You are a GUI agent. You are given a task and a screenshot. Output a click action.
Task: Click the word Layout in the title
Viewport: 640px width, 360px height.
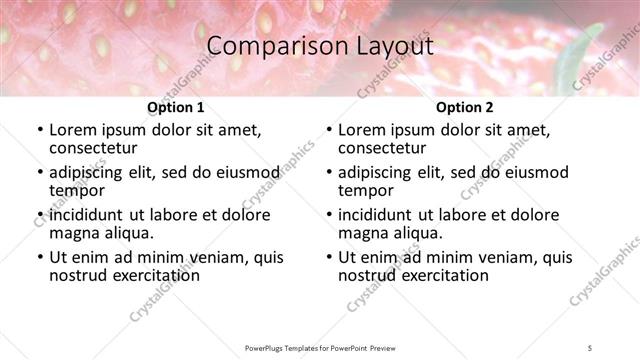click(388, 46)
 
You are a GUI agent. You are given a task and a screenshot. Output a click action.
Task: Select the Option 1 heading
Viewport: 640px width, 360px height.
click(175, 108)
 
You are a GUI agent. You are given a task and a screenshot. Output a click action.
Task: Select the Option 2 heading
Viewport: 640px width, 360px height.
click(464, 108)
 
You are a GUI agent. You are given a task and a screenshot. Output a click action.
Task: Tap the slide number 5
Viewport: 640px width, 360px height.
click(591, 347)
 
